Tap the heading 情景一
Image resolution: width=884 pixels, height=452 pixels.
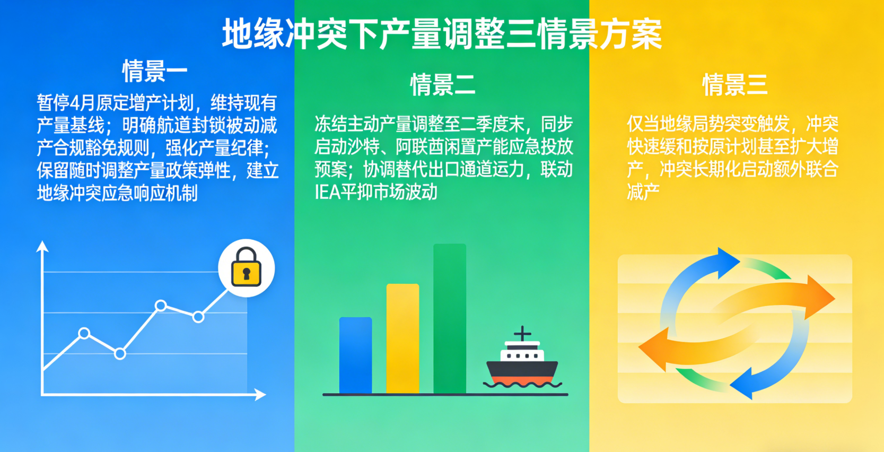tap(155, 71)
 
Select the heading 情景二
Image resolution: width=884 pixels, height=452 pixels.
tap(443, 84)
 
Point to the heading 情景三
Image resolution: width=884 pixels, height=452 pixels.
tap(735, 84)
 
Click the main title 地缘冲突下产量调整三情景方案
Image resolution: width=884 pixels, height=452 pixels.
tap(442, 34)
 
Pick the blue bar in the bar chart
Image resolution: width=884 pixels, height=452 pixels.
tap(356, 355)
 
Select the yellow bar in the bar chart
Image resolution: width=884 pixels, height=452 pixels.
tap(402, 338)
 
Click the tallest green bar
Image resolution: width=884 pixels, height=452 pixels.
tap(450, 318)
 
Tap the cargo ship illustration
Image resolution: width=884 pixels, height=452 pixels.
tap(522, 357)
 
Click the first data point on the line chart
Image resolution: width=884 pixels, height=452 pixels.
tap(84, 334)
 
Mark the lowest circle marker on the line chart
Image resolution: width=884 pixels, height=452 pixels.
tap(120, 354)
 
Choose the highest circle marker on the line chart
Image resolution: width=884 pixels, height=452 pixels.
tap(161, 306)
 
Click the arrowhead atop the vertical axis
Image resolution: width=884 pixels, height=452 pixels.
tap(42, 246)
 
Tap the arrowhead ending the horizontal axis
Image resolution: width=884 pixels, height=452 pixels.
tap(260, 394)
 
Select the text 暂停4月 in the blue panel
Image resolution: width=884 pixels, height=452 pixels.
tap(66, 103)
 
